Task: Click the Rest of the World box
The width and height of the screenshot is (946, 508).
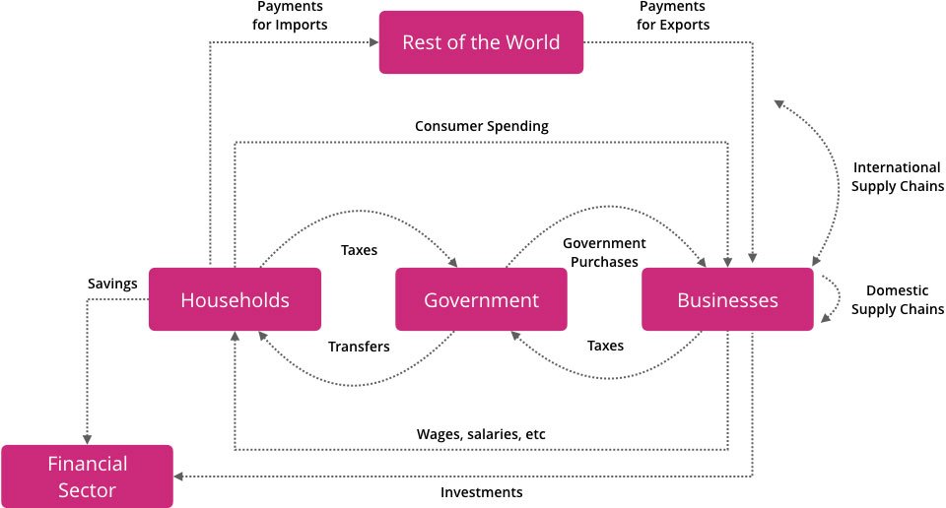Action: [x=481, y=42]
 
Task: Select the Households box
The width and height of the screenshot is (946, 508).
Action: [x=235, y=299]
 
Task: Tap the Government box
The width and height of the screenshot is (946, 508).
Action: [x=481, y=299]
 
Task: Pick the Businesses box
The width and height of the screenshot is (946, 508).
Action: [x=727, y=299]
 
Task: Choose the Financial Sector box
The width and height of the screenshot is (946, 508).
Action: [x=87, y=476]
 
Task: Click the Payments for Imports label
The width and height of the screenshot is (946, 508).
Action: [x=291, y=16]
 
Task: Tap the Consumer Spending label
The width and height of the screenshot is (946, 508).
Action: [x=482, y=126]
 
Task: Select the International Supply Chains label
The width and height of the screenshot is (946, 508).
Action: [x=898, y=176]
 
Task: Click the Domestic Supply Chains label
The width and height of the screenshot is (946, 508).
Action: [x=898, y=300]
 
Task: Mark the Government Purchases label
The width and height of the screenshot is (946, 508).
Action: [x=604, y=252]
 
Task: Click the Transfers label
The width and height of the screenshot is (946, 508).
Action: [x=359, y=347]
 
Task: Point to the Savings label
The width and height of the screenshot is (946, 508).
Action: [x=112, y=284]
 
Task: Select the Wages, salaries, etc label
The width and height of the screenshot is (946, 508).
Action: [x=481, y=434]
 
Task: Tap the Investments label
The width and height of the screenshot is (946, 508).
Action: [x=481, y=491]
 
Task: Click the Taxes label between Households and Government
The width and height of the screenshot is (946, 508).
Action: [x=359, y=250]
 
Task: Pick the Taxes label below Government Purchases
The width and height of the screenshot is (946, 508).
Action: [x=605, y=347]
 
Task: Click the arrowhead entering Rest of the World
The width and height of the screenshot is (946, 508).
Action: [x=374, y=42]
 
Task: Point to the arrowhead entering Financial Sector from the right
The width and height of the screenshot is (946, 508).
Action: [x=180, y=476]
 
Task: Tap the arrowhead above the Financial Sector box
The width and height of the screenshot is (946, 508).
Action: [x=87, y=439]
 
